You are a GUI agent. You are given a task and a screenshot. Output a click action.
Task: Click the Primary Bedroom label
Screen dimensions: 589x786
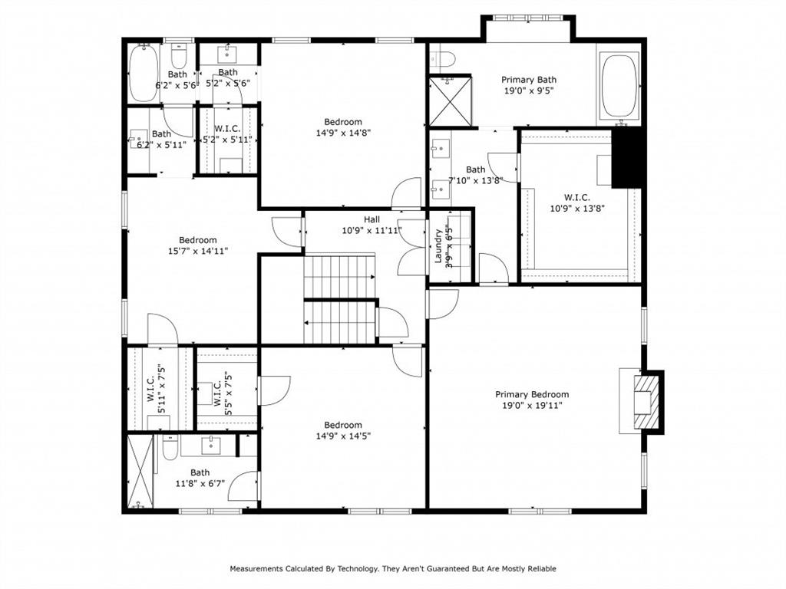[x=532, y=395]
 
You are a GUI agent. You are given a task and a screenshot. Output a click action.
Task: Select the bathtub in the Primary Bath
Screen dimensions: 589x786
[x=619, y=86]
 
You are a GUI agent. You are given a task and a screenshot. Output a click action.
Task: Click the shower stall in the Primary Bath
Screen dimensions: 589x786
[x=450, y=100]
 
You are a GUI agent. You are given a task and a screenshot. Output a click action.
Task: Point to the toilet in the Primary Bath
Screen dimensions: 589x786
[x=444, y=58]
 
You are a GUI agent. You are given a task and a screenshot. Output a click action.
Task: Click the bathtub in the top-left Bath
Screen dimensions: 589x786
[x=144, y=74]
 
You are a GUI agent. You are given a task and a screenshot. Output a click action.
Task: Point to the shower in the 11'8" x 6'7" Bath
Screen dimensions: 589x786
[x=140, y=472]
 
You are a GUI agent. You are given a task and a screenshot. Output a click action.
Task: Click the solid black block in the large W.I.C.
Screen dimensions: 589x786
[x=626, y=159]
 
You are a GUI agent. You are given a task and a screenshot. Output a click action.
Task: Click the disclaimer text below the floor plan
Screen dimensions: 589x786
[x=393, y=569]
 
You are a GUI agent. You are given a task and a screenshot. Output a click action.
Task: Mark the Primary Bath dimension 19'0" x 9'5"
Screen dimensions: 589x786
[x=529, y=90]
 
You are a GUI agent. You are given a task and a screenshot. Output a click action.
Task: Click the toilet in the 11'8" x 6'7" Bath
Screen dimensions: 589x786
[x=171, y=446]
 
